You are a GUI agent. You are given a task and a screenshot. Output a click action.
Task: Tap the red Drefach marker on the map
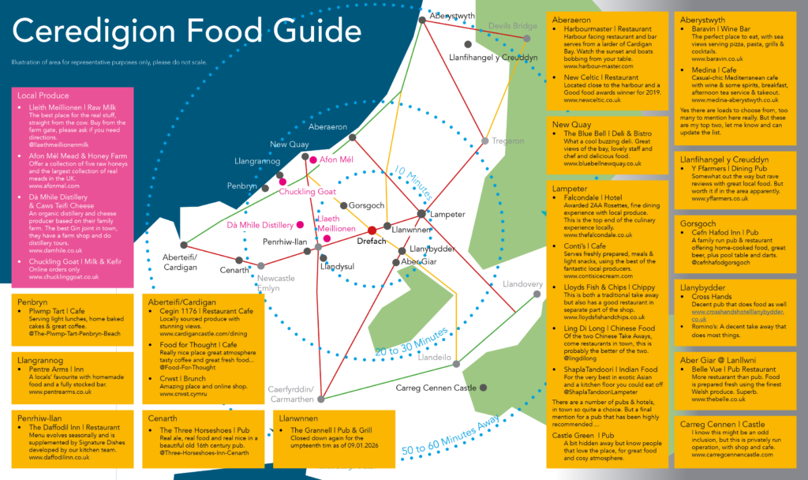tap(372, 230)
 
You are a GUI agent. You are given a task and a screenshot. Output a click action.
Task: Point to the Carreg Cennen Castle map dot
tap(483, 388)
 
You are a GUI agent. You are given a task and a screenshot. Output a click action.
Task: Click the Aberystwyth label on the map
tap(454, 15)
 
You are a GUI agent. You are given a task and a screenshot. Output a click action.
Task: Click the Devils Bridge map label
tap(513, 26)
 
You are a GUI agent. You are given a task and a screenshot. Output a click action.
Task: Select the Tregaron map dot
tap(485, 141)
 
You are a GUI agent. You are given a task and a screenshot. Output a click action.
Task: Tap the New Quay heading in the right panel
tap(572, 125)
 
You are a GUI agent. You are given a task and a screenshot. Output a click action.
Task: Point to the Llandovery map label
tap(521, 284)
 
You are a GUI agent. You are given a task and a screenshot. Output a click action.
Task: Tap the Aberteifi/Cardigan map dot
tap(184, 245)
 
